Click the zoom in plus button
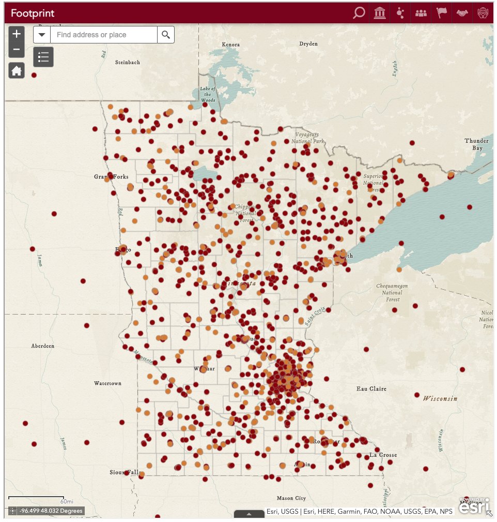(17, 34)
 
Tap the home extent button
(17, 70)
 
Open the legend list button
(43, 57)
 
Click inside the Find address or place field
(103, 35)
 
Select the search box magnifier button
(166, 35)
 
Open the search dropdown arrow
(42, 35)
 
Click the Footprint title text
(33, 13)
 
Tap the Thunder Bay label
(476, 144)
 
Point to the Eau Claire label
(371, 389)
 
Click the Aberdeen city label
(43, 346)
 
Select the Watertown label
(107, 383)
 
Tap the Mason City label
(291, 498)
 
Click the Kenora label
(231, 44)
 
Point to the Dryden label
(308, 43)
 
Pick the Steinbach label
(128, 62)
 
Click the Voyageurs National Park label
(307, 138)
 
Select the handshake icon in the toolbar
(461, 13)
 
